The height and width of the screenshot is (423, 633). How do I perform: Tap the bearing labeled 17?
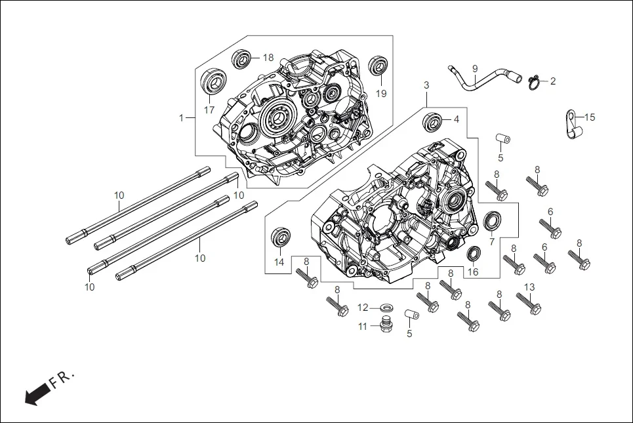coord(213,83)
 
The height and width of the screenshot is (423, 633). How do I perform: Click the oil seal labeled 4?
coord(432,121)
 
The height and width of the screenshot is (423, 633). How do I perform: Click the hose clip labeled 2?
coord(535,82)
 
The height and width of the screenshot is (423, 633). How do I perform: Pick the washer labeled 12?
coord(387,307)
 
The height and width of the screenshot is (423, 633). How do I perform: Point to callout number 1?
coord(181,118)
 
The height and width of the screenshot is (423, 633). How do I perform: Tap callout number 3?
coord(426,86)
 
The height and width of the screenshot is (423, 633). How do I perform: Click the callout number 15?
coord(590,117)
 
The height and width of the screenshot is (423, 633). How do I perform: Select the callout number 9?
coord(475,68)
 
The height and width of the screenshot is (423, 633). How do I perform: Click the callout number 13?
coord(529,287)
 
